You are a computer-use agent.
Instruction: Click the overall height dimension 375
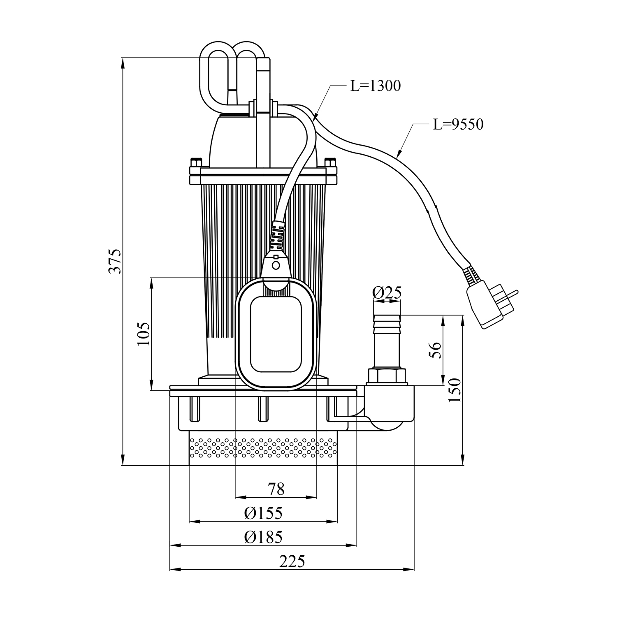tap(116, 261)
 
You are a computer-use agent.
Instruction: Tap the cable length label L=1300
tap(375, 86)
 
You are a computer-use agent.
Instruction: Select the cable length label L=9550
tap(458, 124)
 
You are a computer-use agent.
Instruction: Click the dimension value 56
tap(436, 350)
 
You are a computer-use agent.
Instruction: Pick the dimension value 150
tap(456, 390)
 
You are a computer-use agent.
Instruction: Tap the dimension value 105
tap(144, 333)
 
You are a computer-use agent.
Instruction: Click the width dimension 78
tap(276, 489)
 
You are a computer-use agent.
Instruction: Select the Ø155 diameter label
tap(263, 513)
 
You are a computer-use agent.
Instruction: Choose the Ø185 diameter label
tap(263, 537)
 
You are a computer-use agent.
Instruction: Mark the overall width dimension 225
tap(292, 561)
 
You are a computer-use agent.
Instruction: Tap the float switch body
tap(276, 333)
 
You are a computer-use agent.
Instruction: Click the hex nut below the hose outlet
tap(386, 376)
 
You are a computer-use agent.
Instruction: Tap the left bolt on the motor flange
tap(195, 162)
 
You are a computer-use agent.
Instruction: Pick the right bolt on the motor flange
tap(330, 162)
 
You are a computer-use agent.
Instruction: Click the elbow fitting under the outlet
tap(391, 407)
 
